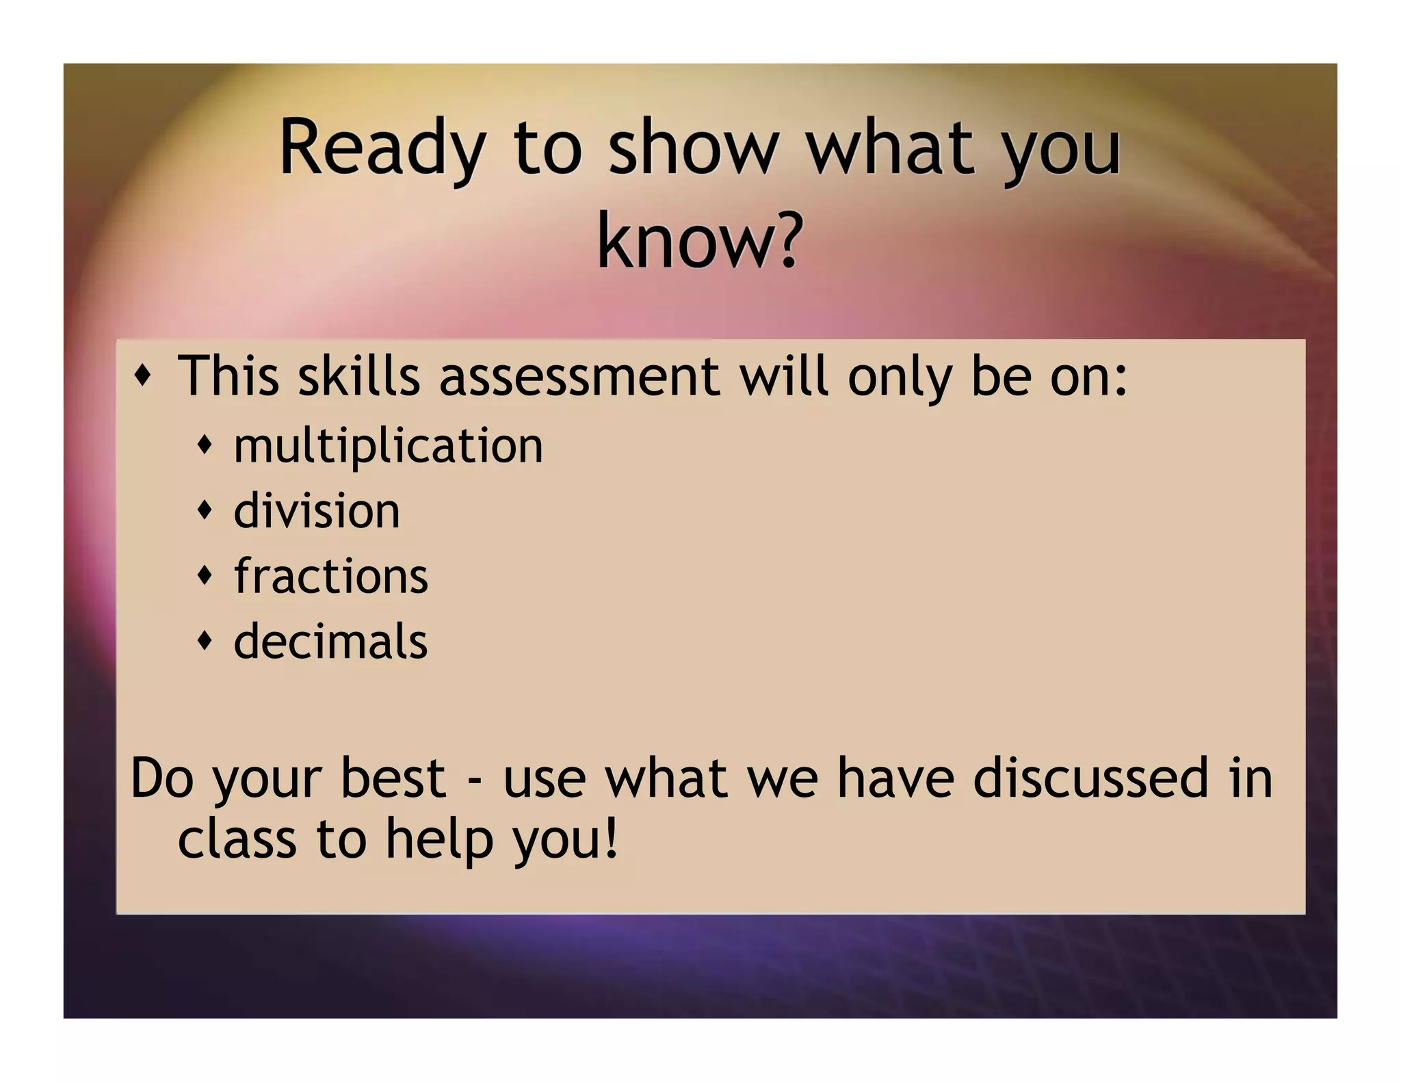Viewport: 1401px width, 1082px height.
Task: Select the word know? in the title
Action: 698,242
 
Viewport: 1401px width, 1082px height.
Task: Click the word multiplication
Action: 389,446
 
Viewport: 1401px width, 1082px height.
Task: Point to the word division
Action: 317,511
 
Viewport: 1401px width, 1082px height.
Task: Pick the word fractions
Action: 331,576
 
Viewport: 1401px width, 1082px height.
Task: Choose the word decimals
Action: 331,642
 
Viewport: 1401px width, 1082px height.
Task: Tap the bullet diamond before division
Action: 205,510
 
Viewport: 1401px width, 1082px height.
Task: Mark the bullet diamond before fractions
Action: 205,575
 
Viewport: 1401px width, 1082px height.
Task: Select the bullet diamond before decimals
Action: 205,640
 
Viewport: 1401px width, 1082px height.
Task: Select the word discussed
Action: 1091,778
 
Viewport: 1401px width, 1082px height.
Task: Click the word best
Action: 393,778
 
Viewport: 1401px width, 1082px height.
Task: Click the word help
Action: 439,840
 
